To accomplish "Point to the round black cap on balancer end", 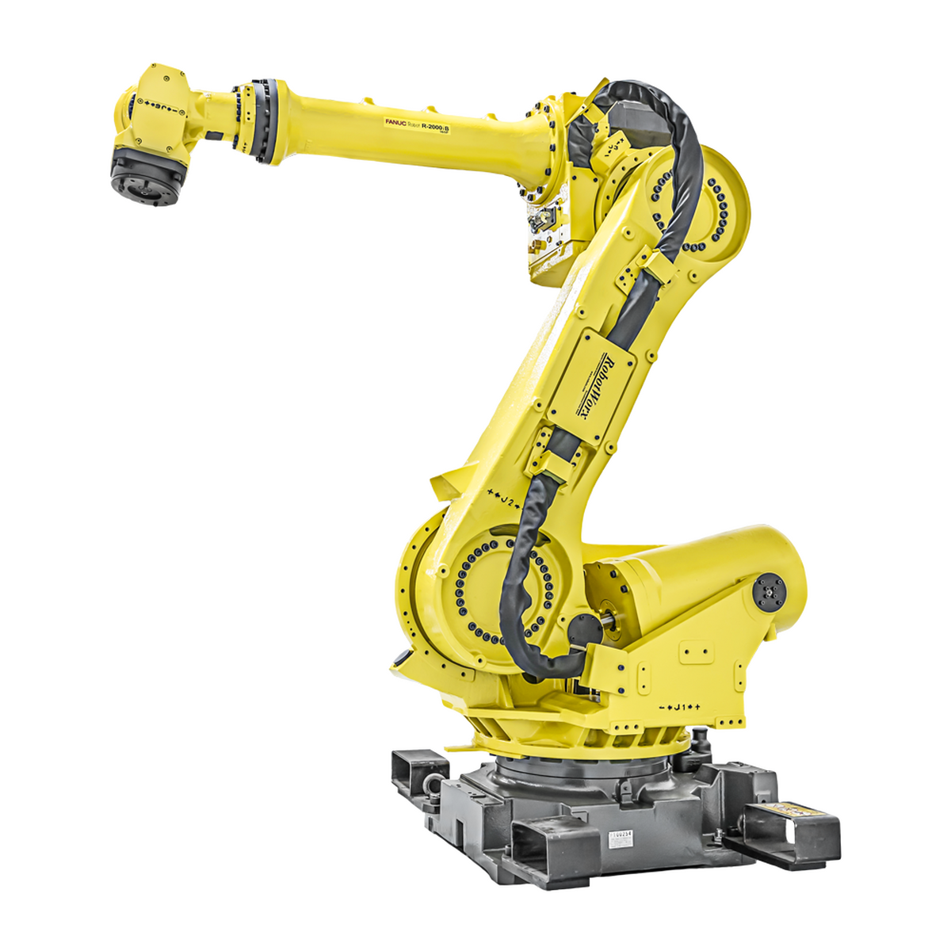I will (x=767, y=591).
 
